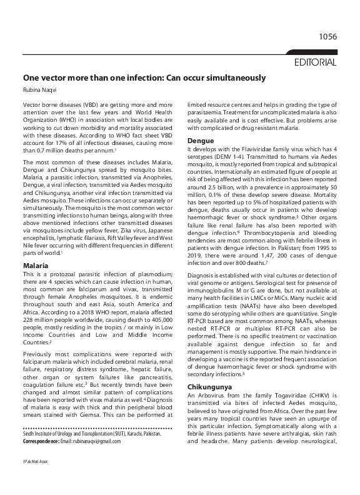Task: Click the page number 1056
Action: pos(327,37)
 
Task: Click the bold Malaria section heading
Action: pos(36,266)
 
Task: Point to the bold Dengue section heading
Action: pos(201,141)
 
